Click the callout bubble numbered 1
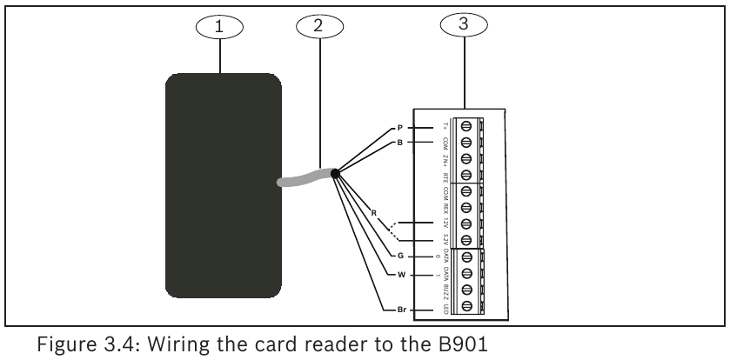point(219,28)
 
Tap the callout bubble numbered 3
point(465,25)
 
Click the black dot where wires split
point(335,173)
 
